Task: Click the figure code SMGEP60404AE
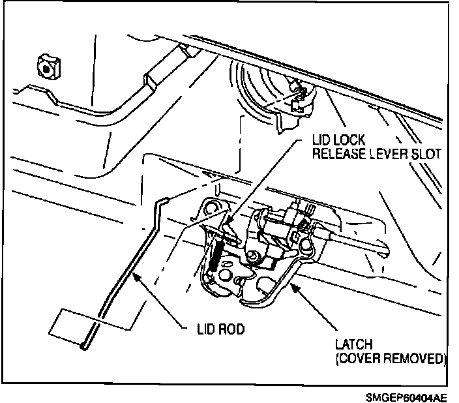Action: pos(407,396)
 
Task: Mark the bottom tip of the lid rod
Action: pos(84,348)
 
